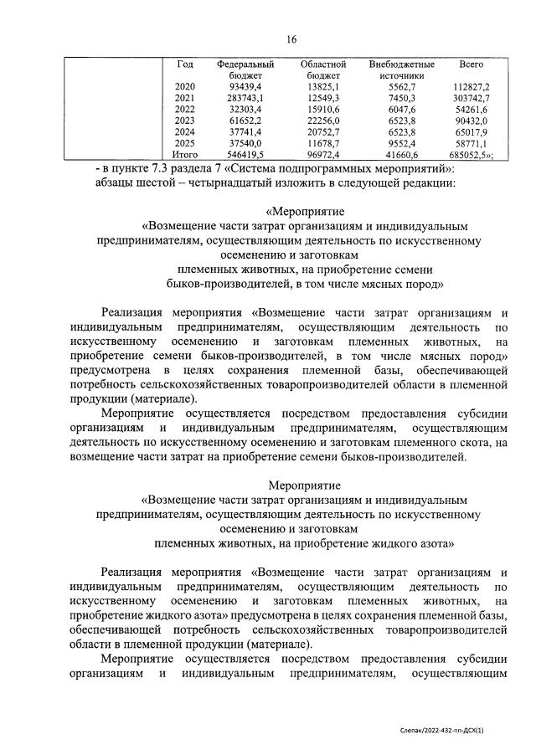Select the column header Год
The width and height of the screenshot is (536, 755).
tap(185, 64)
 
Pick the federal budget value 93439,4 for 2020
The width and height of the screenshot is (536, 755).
tap(245, 87)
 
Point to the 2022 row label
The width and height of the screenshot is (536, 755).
tap(185, 110)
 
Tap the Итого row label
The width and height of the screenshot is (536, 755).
tap(185, 155)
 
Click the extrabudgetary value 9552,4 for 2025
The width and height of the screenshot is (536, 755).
tap(401, 144)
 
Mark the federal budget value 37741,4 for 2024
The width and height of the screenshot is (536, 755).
tap(245, 132)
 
